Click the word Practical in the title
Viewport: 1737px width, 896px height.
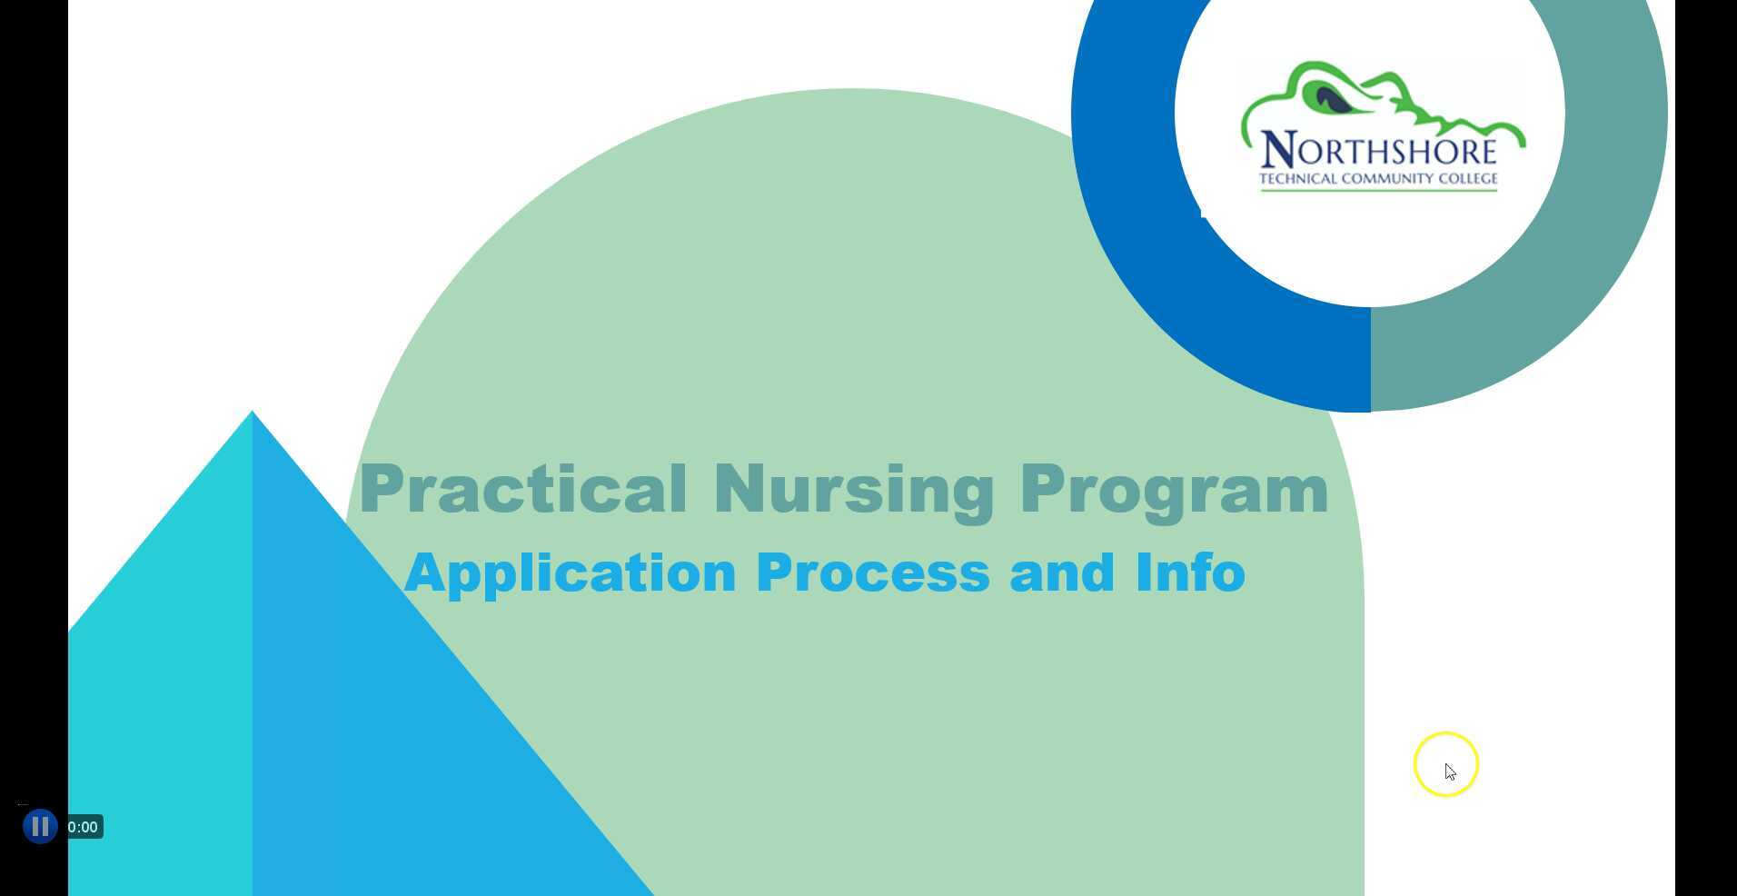[x=523, y=490]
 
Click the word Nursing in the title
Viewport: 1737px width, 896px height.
[x=854, y=490]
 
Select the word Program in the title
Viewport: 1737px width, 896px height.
[x=1174, y=490]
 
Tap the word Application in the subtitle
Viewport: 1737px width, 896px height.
[x=570, y=573]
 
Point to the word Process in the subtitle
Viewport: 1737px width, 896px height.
[x=872, y=573]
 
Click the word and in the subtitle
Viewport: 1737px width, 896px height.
[x=1061, y=573]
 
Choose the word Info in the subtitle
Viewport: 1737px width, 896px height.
[x=1190, y=573]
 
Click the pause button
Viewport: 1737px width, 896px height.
[x=40, y=827]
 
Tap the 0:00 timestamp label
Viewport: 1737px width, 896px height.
[x=83, y=827]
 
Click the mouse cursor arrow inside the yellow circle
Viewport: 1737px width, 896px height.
[x=1450, y=772]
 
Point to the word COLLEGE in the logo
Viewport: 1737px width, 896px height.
[x=1467, y=179]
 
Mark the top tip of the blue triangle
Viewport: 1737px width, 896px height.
[x=253, y=413]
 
